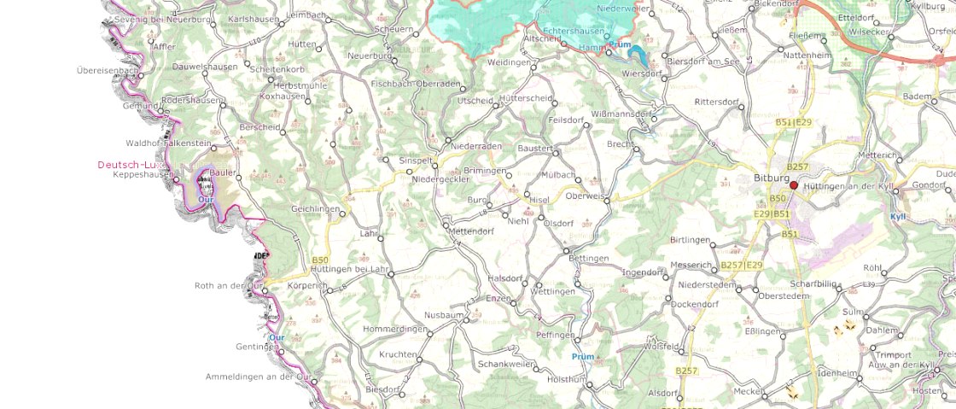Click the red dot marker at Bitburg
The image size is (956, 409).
pyautogui.click(x=794, y=185)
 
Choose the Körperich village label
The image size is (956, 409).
pyautogui.click(x=307, y=285)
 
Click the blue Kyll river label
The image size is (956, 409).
pyautogui.click(x=897, y=217)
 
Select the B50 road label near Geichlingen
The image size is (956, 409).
pyautogui.click(x=320, y=260)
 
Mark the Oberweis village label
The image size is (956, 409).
pyautogui.click(x=585, y=196)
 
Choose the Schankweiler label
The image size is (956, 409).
pyautogui.click(x=506, y=363)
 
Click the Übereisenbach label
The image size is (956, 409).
pyautogui.click(x=106, y=70)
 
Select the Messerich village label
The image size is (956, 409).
pyautogui.click(x=691, y=266)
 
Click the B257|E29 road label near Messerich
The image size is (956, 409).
pyautogui.click(x=741, y=266)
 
